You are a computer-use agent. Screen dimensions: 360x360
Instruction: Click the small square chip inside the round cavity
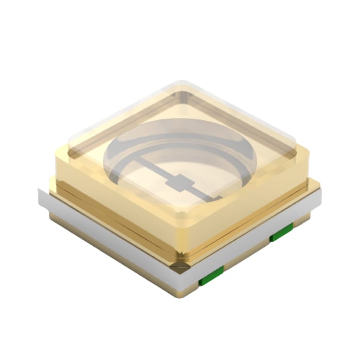pos(180,182)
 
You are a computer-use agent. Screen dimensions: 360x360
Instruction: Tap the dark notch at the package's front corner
pos(180,266)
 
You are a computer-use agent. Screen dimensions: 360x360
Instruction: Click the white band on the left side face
pos(103,242)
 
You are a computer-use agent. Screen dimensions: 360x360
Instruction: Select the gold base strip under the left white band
pos(113,267)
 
